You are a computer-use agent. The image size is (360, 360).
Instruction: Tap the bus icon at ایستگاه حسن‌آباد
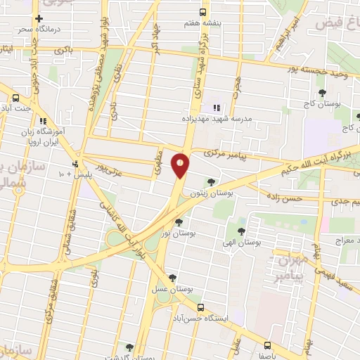click(200, 308)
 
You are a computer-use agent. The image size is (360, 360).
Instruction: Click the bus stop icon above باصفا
click(268, 345)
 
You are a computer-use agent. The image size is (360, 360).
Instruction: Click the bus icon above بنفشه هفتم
click(202, 12)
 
